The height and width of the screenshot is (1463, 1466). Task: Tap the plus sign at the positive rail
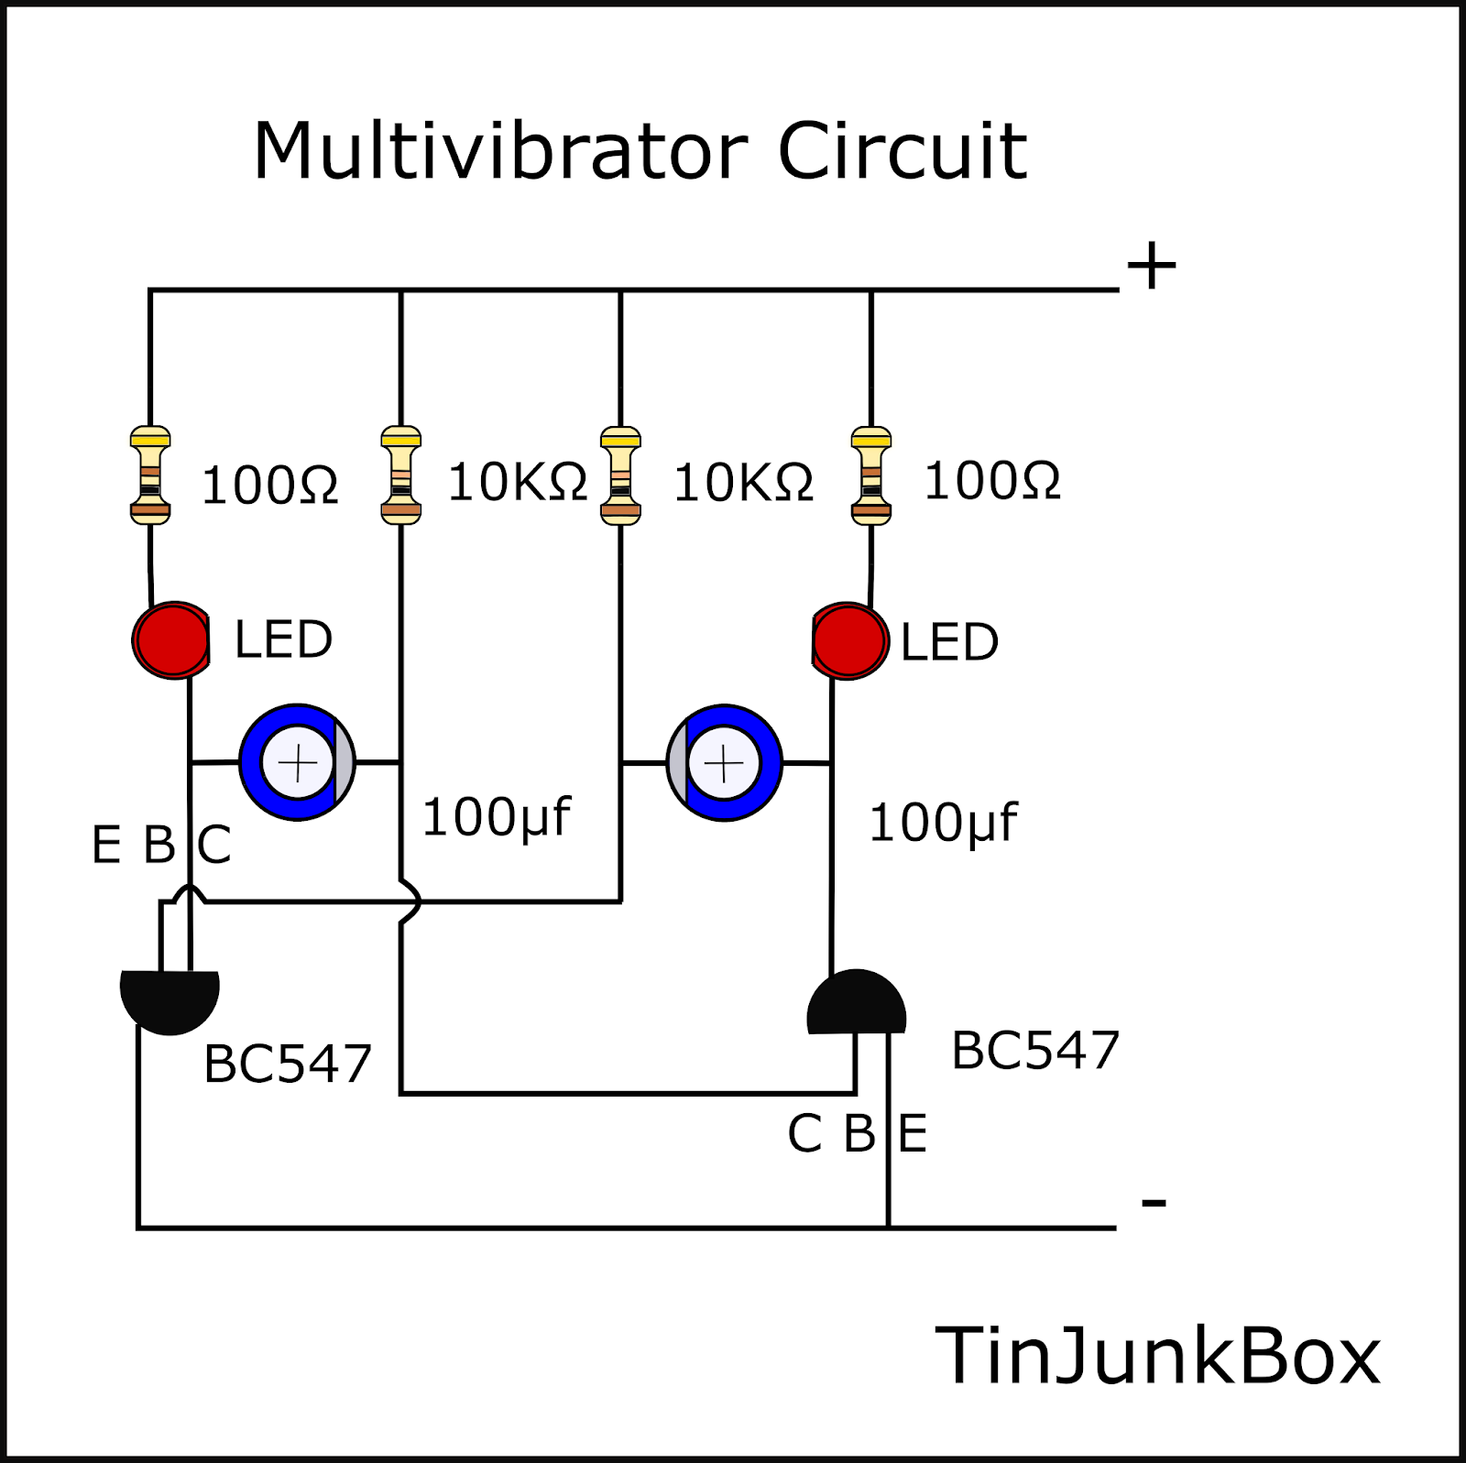[x=1151, y=266]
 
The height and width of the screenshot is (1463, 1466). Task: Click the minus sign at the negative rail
[x=1154, y=1202]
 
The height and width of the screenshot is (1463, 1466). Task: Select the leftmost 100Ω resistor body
[x=150, y=475]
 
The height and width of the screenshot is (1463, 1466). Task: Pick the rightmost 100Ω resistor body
[x=870, y=475]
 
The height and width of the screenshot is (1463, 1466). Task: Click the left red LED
[x=171, y=640]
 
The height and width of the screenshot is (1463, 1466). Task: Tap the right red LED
[x=849, y=641]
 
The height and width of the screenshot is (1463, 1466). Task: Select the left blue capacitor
[x=297, y=762]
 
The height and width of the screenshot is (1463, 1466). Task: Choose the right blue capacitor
[x=725, y=763]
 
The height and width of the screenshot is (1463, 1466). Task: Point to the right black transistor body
[x=857, y=1005]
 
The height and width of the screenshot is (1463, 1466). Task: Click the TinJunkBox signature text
[x=1156, y=1357]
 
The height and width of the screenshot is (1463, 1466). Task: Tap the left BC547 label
[x=287, y=1064]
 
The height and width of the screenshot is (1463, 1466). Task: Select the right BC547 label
[x=1035, y=1051]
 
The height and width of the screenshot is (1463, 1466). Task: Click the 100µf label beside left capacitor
[x=496, y=817]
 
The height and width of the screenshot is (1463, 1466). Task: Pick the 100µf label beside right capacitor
[x=942, y=823]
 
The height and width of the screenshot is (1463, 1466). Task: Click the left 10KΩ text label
[x=517, y=482]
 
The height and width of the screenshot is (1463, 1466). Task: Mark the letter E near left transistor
[x=106, y=845]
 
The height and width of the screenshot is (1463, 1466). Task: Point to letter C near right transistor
[x=804, y=1134]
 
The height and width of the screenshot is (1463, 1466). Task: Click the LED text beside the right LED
[x=948, y=642]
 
